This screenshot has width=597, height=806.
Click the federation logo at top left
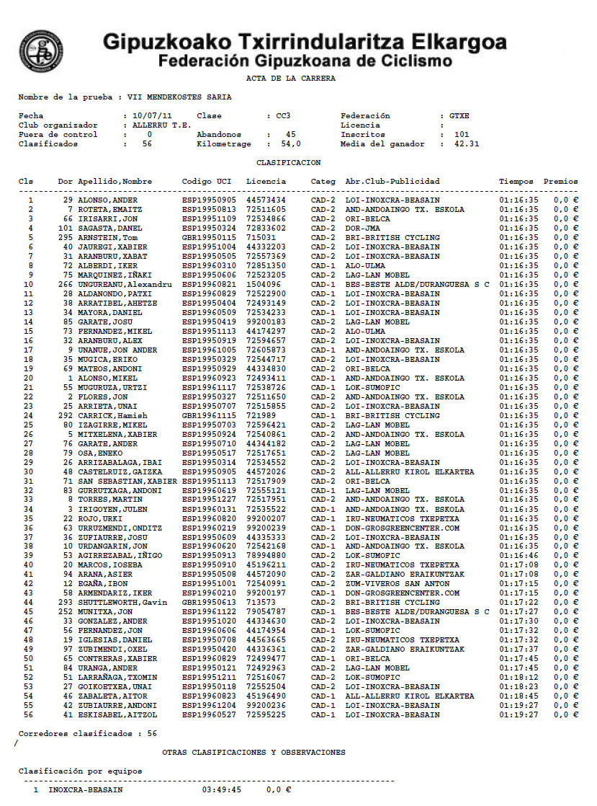pyautogui.click(x=42, y=50)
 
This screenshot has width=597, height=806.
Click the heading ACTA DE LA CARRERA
pyautogui.click(x=290, y=78)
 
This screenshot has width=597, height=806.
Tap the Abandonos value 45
pyautogui.click(x=290, y=134)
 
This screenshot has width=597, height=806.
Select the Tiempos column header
pyautogui.click(x=516, y=181)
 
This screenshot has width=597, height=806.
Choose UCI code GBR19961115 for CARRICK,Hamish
pyautogui.click(x=209, y=415)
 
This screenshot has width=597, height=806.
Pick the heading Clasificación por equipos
pyautogui.click(x=80, y=771)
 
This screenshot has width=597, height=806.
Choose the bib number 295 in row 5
pyautogui.click(x=66, y=237)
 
